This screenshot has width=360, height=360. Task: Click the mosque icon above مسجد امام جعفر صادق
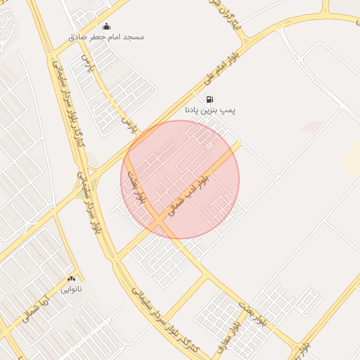tap(106, 27)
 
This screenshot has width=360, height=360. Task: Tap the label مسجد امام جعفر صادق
tap(106, 37)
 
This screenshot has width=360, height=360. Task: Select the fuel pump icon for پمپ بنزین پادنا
tap(210, 100)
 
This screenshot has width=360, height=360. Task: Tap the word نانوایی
tap(71, 289)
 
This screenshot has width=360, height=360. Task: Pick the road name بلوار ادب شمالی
tap(190, 191)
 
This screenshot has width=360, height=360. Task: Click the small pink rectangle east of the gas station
tap(312, 127)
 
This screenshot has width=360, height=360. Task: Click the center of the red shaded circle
tap(180, 179)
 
